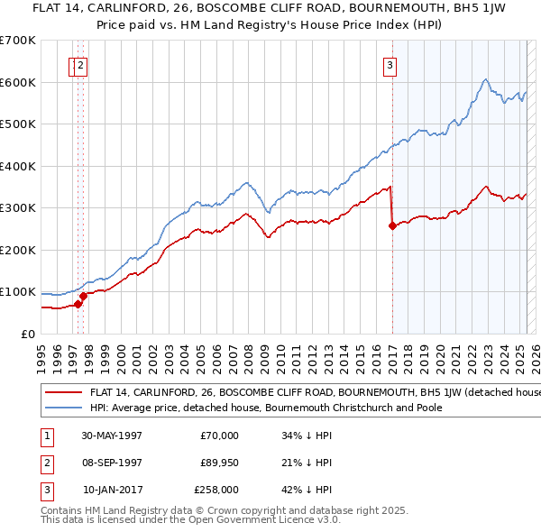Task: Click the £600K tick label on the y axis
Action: (x=18, y=82)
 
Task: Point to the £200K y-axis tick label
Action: (x=18, y=250)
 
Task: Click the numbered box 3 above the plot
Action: (x=390, y=64)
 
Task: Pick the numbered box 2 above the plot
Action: (x=81, y=64)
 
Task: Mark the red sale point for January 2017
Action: (x=392, y=226)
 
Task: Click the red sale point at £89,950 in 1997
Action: (x=83, y=296)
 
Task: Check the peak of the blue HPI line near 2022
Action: (x=485, y=79)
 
